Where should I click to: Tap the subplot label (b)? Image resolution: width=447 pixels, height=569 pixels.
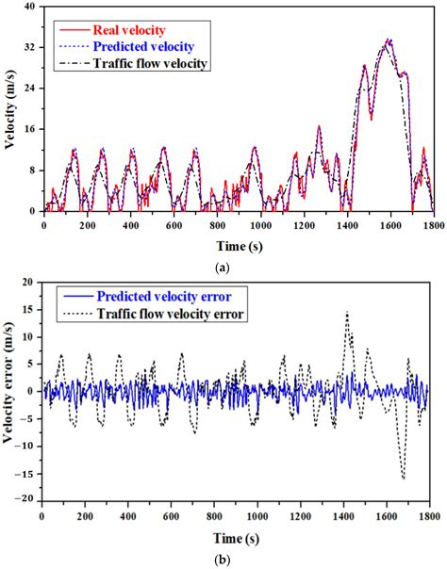point(223,558)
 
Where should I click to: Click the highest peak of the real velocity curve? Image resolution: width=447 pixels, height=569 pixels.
point(389,40)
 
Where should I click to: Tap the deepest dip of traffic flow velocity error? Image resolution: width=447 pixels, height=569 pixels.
point(404,479)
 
